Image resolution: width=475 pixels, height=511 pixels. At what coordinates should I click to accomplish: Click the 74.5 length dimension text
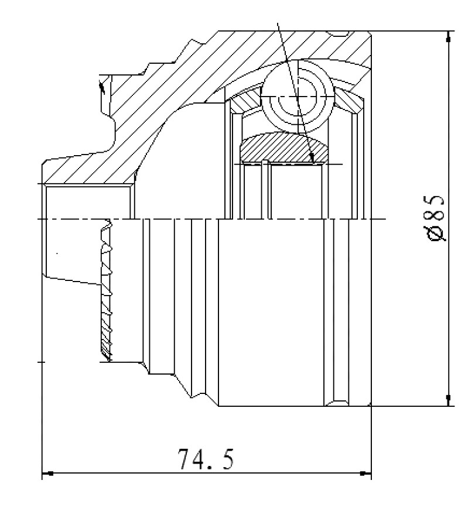pos(206,459)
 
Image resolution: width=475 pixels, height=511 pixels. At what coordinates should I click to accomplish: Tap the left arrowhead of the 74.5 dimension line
pos(47,473)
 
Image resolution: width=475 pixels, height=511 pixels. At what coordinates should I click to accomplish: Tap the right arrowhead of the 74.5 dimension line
pos(365,473)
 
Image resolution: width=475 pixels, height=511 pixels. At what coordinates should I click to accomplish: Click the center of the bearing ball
pos(298,97)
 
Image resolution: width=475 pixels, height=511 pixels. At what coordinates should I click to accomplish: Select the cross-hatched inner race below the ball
pos(283,148)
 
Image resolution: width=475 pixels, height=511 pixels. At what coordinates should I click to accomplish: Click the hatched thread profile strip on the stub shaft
pos(106,291)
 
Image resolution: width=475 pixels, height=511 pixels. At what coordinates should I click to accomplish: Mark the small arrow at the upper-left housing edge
pos(102,87)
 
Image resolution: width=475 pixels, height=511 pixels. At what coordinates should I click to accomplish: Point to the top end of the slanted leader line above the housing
pos(277,23)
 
